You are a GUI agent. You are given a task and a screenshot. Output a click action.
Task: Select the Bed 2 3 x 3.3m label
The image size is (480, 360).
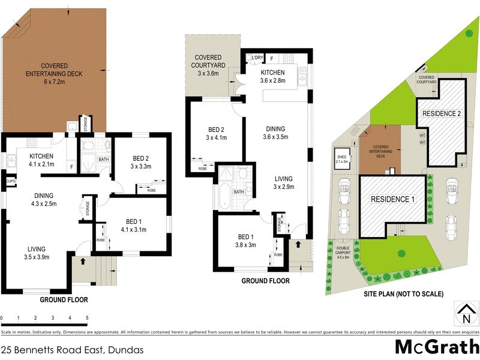(142, 163)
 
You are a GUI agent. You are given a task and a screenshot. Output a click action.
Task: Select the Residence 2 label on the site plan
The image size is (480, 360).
(442, 113)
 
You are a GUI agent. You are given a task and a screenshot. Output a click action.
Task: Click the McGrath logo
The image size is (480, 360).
(436, 347)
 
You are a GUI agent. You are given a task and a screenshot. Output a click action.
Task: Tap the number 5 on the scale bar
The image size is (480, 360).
(88, 317)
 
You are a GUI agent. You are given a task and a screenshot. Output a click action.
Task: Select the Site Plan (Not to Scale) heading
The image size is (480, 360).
(403, 295)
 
